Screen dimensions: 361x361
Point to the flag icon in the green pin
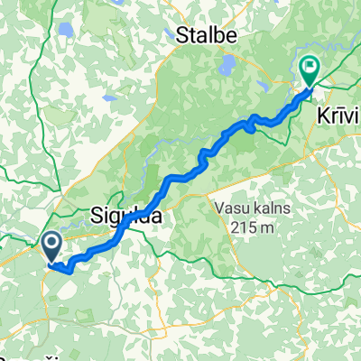[x=310, y=65]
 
